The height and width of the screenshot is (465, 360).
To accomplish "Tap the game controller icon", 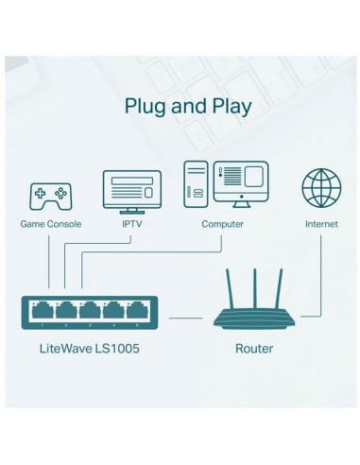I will coord(51,197).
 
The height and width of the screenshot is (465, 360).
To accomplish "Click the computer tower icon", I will coord(196,184).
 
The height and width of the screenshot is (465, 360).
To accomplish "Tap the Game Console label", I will coord(51,225).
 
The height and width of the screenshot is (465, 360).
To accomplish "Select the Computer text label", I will coord(223,225).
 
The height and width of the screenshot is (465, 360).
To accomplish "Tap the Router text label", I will coord(253,349).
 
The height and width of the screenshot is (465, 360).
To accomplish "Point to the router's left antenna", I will coord(231,292).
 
